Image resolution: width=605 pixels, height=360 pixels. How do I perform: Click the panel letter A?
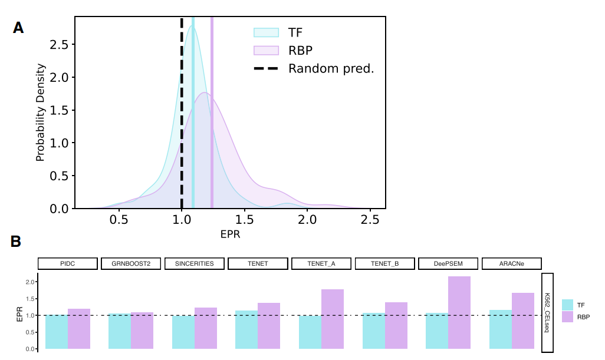pos(18,28)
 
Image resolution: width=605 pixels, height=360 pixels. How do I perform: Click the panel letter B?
pos(16,242)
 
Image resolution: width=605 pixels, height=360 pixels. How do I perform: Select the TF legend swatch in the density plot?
pos(266,32)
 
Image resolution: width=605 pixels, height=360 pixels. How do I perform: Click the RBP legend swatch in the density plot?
pos(266,51)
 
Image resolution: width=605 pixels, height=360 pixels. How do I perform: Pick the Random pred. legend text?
pos(331,69)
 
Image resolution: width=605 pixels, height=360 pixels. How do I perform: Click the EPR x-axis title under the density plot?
pos(231,234)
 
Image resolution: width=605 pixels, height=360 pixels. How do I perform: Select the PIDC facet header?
pos(67,263)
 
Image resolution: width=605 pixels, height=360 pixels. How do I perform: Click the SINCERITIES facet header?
pos(194,263)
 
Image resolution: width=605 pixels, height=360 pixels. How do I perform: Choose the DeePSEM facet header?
pos(448,263)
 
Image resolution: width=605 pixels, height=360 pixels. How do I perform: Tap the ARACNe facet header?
pos(511,263)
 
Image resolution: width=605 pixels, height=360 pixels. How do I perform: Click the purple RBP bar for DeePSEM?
pos(459,312)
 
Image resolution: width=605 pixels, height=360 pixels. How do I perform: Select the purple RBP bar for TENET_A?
pos(333,319)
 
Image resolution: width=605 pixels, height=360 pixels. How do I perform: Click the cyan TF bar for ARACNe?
pos(501,329)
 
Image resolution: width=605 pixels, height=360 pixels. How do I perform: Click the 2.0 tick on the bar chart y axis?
pos(30,282)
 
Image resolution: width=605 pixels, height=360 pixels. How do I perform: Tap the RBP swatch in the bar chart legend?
pos(568,317)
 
